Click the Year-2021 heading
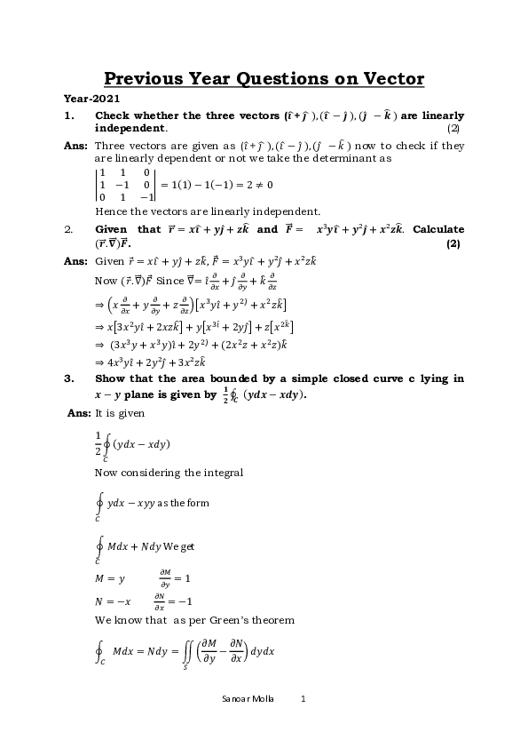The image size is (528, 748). coord(91,99)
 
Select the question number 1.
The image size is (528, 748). coord(67,116)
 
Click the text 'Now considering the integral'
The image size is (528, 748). coord(169,473)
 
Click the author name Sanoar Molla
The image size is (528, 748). coord(248,699)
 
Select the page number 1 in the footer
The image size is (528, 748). coord(303,699)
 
